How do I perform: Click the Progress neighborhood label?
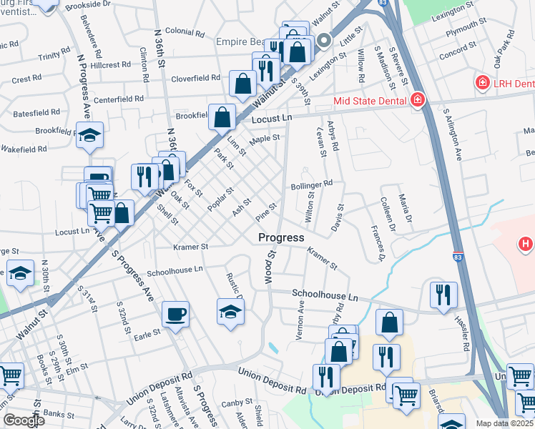281,237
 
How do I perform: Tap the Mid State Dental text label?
369,101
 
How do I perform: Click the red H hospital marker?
526,245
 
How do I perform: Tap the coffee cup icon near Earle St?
175,314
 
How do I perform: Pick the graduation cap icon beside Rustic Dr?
230,311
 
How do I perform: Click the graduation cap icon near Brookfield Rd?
90,134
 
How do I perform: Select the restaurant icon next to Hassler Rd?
443,295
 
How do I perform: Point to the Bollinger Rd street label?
312,185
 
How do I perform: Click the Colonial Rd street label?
185,31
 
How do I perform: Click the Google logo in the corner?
24,420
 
